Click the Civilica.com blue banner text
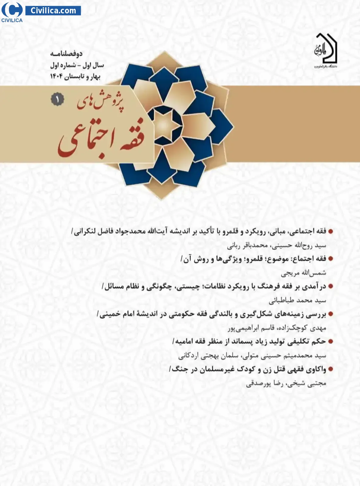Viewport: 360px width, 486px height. [53, 11]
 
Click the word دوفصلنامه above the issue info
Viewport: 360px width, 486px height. [66, 54]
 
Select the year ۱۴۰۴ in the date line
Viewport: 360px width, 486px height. [57, 76]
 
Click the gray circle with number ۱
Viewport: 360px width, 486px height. [57, 100]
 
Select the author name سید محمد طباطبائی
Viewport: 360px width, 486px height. [297, 300]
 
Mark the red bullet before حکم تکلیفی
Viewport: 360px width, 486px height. [331, 342]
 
